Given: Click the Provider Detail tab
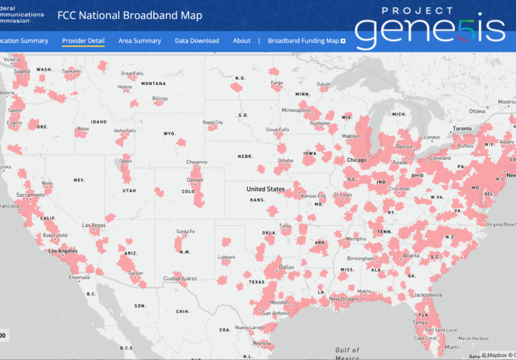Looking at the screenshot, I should [83, 41].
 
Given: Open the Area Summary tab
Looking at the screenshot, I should [140, 41].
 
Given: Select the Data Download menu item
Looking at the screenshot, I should [197, 41].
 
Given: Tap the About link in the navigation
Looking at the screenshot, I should [242, 41].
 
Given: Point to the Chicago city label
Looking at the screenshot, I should [356, 161].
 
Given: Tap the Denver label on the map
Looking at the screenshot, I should [195, 180].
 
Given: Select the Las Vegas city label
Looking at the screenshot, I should [93, 225].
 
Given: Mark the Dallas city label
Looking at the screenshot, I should [287, 267].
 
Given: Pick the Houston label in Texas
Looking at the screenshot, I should [280, 302].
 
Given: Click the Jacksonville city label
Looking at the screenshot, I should [428, 295].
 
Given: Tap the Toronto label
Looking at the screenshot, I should [463, 128].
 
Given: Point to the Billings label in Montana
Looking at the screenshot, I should [160, 99].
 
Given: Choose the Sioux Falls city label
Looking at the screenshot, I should [277, 130].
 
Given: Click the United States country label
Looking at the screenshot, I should [265, 189].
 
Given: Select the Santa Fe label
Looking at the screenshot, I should [185, 232].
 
